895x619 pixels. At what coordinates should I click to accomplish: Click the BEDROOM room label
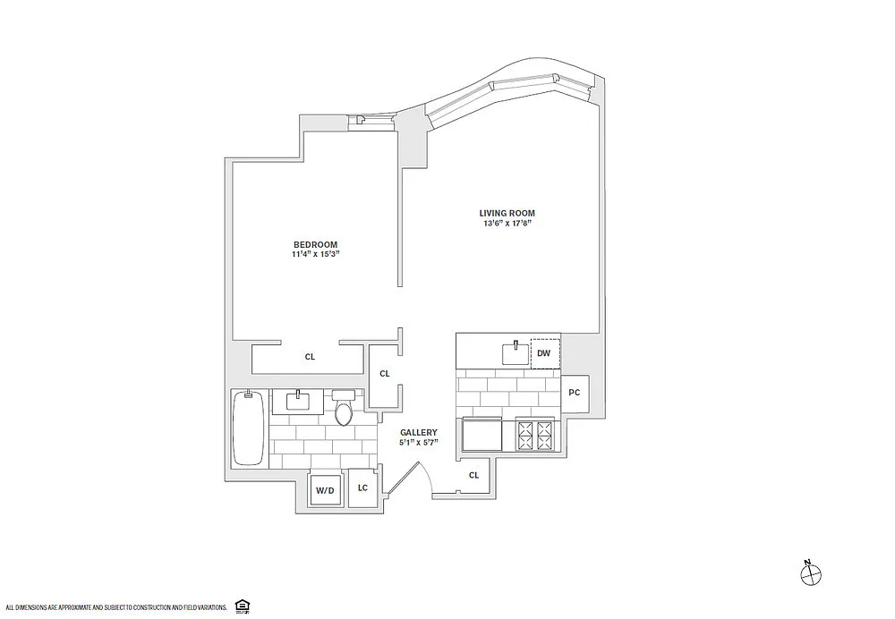(315, 245)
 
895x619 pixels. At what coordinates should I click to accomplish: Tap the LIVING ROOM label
(507, 214)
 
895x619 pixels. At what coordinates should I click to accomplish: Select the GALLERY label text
(418, 432)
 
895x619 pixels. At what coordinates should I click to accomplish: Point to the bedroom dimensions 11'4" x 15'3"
(315, 254)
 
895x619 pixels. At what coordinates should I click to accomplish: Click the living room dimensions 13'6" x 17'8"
(507, 223)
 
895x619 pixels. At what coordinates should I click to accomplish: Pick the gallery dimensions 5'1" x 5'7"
(419, 442)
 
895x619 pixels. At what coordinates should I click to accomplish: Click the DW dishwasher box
(545, 353)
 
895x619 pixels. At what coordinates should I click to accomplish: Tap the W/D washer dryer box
(326, 489)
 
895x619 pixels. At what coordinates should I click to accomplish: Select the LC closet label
(362, 488)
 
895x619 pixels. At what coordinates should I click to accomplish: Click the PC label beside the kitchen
(575, 393)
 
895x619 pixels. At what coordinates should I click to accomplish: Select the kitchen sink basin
(516, 353)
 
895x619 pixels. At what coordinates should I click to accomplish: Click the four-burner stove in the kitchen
(535, 436)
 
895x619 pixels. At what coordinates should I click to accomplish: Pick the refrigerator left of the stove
(482, 436)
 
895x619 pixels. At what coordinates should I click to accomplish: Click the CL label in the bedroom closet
(310, 357)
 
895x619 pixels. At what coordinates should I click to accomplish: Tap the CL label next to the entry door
(473, 475)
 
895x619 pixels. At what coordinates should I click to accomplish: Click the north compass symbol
(811, 574)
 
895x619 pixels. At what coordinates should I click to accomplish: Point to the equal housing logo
(242, 606)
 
